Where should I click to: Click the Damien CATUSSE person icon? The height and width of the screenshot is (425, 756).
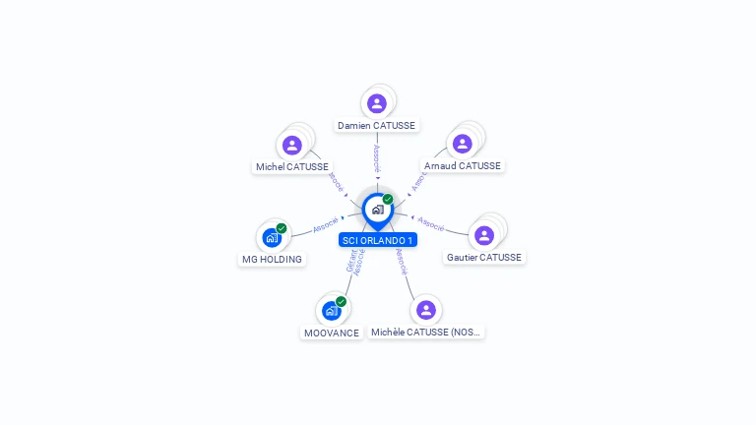pyautogui.click(x=377, y=103)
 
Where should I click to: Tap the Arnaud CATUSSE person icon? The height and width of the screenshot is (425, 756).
pyautogui.click(x=463, y=144)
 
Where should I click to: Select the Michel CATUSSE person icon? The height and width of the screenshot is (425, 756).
pyautogui.click(x=291, y=145)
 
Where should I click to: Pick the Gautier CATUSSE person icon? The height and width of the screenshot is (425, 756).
pyautogui.click(x=484, y=235)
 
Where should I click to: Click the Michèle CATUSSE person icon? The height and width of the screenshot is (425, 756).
pyautogui.click(x=426, y=310)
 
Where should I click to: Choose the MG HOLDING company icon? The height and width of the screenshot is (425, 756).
pyautogui.click(x=272, y=237)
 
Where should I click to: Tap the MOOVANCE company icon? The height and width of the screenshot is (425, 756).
pyautogui.click(x=332, y=311)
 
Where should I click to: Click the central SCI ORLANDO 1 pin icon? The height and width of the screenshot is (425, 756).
pyautogui.click(x=377, y=210)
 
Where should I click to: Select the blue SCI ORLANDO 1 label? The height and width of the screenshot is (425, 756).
pyautogui.click(x=378, y=240)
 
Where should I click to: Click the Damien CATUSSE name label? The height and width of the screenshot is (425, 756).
pyautogui.click(x=377, y=126)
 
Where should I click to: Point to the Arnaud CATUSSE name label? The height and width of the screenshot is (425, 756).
pyautogui.click(x=463, y=166)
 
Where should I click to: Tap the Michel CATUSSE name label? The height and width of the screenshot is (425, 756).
pyautogui.click(x=292, y=167)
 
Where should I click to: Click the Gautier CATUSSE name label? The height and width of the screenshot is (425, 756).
pyautogui.click(x=484, y=258)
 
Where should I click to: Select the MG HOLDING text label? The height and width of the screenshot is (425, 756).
pyautogui.click(x=272, y=260)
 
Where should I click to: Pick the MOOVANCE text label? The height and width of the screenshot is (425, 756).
pyautogui.click(x=331, y=334)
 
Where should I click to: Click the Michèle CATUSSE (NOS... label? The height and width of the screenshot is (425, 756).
pyautogui.click(x=426, y=333)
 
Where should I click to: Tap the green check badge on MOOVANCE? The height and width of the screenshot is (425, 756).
pyautogui.click(x=342, y=301)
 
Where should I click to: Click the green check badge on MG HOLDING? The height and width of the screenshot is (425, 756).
pyautogui.click(x=282, y=228)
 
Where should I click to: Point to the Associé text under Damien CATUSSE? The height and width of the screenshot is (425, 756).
pyautogui.click(x=377, y=158)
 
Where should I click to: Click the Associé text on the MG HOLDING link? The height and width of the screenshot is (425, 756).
pyautogui.click(x=326, y=225)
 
